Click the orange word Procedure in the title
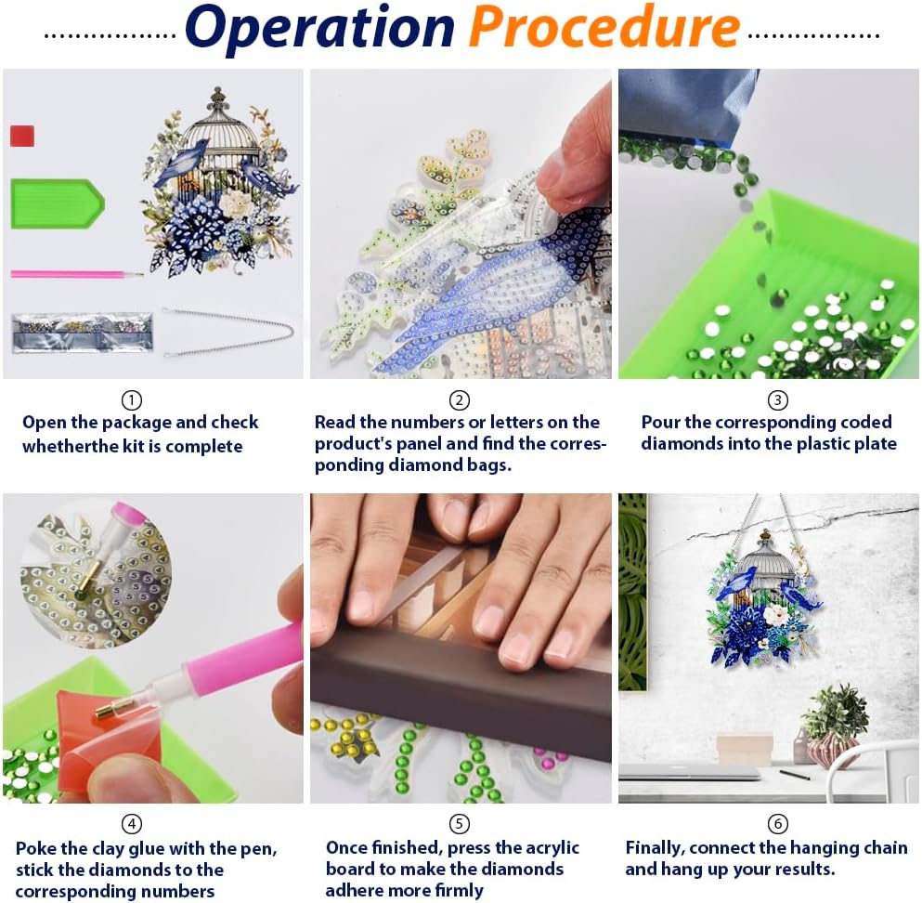604,26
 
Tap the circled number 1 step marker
131,400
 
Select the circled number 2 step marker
460,400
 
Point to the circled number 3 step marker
777,400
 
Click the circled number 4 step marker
131,823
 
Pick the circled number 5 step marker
460,823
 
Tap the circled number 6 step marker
777,823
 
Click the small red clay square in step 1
22,136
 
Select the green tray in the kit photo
57,203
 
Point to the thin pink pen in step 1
76,274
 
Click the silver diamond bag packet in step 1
83,333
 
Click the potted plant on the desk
834,726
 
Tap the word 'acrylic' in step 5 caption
551,848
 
